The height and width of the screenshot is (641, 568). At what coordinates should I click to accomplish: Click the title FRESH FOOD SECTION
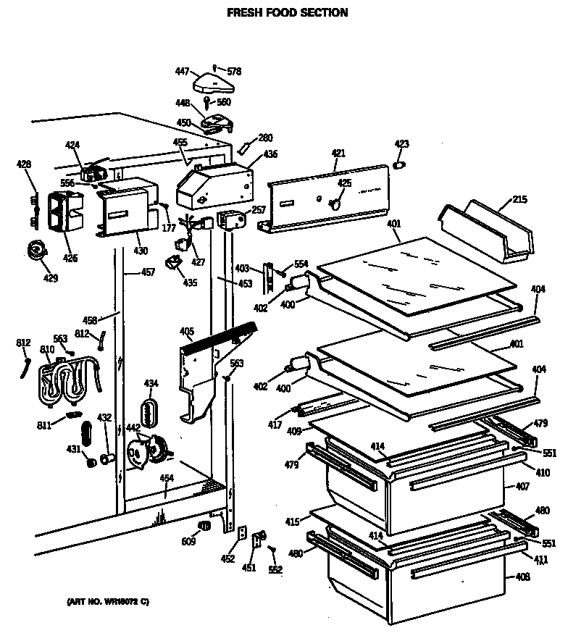[x=288, y=12]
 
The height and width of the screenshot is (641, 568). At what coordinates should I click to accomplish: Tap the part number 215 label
[x=519, y=199]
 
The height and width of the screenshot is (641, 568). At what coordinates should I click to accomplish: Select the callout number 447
[x=183, y=71]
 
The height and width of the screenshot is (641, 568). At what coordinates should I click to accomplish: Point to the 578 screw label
[x=233, y=71]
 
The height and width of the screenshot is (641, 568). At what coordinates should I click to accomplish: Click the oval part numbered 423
[x=399, y=166]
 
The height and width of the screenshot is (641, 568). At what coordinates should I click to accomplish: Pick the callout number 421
[x=338, y=153]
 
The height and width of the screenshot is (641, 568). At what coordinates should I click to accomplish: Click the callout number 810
[x=47, y=350]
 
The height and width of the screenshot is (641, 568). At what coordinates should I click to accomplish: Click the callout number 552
[x=276, y=569]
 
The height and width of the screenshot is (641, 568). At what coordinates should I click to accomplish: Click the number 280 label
[x=266, y=138]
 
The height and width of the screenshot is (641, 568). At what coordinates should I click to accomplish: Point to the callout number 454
[x=167, y=478]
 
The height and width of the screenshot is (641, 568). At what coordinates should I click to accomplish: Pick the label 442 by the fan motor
[x=134, y=429]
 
